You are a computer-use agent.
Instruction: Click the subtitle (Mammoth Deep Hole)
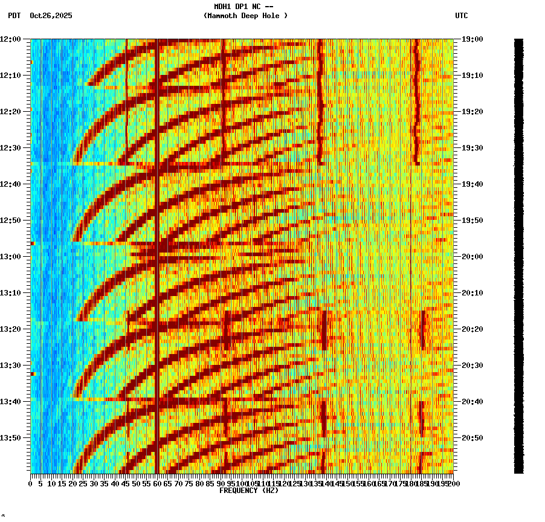(245, 16)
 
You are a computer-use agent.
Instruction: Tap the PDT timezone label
(14, 16)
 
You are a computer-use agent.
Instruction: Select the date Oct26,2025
(51, 16)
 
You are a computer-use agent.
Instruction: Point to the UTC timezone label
(461, 16)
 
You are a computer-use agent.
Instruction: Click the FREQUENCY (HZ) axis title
(249, 491)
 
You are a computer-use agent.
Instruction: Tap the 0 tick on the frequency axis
(31, 484)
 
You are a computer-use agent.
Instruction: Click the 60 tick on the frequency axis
(157, 484)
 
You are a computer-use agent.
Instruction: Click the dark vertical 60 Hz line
(157, 242)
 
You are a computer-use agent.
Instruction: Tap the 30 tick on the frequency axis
(94, 484)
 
